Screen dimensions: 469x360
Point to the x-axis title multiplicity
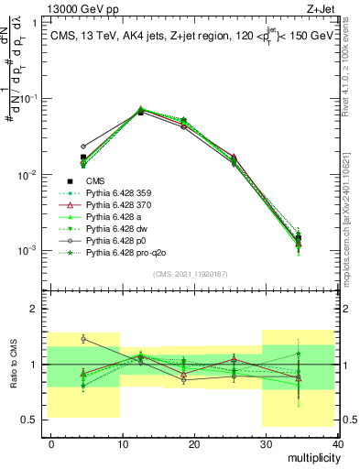[313, 456]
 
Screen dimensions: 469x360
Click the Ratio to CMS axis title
[14, 364]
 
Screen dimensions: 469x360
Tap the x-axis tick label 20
[194, 443]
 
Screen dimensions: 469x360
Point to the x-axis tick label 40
[337, 443]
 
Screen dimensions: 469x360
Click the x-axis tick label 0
[51, 443]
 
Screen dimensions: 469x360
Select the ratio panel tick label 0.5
[31, 420]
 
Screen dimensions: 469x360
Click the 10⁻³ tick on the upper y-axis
[29, 250]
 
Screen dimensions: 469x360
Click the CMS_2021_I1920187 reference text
[192, 274]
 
